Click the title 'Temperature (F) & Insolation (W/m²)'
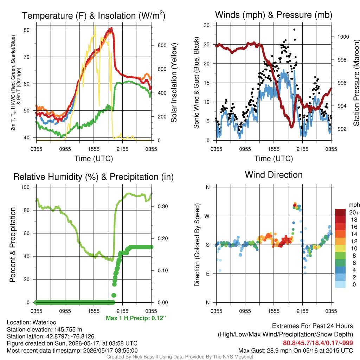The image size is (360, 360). [x=94, y=15]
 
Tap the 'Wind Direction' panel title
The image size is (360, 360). [x=274, y=175]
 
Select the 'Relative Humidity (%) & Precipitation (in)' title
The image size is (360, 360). [x=94, y=177]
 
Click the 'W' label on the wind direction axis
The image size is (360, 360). [x=207, y=216]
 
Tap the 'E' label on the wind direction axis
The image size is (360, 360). [x=207, y=274]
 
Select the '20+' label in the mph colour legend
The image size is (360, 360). [x=354, y=212]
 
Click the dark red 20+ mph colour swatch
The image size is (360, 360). [x=340, y=212]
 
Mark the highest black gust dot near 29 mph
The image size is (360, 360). [x=294, y=30]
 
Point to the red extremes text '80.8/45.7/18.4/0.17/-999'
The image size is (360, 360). [x=318, y=343]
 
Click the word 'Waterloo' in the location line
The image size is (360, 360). [x=44, y=322]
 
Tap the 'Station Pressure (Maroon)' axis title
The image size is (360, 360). [x=356, y=83]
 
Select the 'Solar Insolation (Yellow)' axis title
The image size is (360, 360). [x=174, y=83]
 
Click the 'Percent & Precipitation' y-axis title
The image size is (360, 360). [x=12, y=245]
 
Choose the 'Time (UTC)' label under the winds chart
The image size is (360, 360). [x=274, y=159]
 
